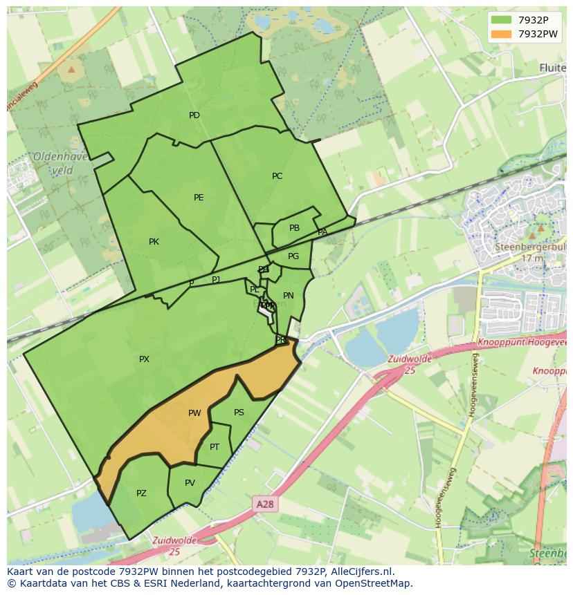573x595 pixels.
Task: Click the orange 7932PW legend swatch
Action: pos(502,34)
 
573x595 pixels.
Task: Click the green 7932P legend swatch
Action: pos(502,20)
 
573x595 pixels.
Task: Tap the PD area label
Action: pos(194,115)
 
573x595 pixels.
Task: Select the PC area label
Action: pos(277,176)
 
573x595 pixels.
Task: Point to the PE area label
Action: pos(199,198)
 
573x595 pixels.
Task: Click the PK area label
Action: pos(154,242)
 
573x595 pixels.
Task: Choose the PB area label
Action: pos(294,228)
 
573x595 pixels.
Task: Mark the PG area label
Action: pos(293,256)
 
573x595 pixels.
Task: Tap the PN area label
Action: pos(289,296)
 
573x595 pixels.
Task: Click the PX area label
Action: pos(144,359)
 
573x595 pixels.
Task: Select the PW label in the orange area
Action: pos(194,413)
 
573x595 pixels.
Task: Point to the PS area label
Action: pos(239,413)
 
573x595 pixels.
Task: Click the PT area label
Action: pos(215,447)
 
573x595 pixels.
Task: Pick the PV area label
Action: pos(190,482)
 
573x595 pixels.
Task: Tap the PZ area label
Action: pos(141,493)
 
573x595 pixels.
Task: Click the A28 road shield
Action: pos(265,504)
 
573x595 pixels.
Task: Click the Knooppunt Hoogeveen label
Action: pos(522,343)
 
